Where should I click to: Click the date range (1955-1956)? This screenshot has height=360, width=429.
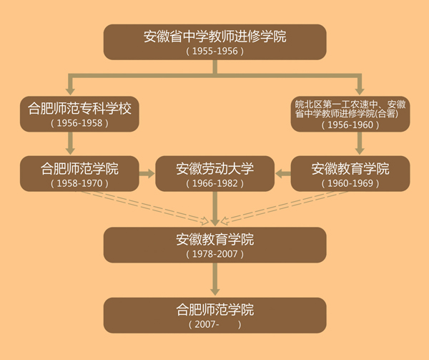[214, 52]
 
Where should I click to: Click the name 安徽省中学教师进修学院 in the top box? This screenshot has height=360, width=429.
[214, 36]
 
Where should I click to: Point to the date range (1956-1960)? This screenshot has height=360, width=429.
[350, 125]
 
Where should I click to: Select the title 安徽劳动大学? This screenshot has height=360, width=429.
[214, 170]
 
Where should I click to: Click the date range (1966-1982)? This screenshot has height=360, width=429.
[214, 184]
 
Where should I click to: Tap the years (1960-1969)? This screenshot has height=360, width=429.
[350, 184]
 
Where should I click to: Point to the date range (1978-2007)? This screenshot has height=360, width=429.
[214, 254]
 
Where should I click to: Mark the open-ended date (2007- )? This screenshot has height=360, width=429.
[214, 324]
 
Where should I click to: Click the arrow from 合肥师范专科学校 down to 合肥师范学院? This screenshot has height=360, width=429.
[70, 144]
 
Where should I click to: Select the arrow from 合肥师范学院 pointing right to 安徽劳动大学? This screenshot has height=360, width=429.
[144, 173]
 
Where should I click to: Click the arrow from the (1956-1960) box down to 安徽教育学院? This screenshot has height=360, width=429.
[360, 144]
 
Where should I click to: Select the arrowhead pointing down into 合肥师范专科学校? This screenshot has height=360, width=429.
[70, 90]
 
